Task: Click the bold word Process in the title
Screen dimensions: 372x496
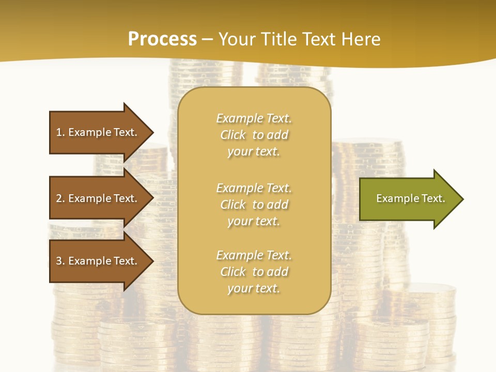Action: (x=162, y=39)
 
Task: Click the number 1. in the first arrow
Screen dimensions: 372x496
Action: (x=60, y=132)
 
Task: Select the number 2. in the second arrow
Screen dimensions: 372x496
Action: (x=60, y=198)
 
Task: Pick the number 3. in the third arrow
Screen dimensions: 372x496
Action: (x=60, y=261)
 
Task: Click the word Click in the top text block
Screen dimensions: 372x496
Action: (x=233, y=135)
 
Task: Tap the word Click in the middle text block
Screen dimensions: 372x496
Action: (x=233, y=205)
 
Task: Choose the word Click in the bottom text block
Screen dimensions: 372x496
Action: (x=233, y=272)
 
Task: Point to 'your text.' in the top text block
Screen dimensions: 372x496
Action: (x=254, y=151)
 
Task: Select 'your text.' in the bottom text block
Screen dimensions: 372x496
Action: (x=254, y=288)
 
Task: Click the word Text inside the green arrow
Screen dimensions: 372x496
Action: (x=433, y=198)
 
